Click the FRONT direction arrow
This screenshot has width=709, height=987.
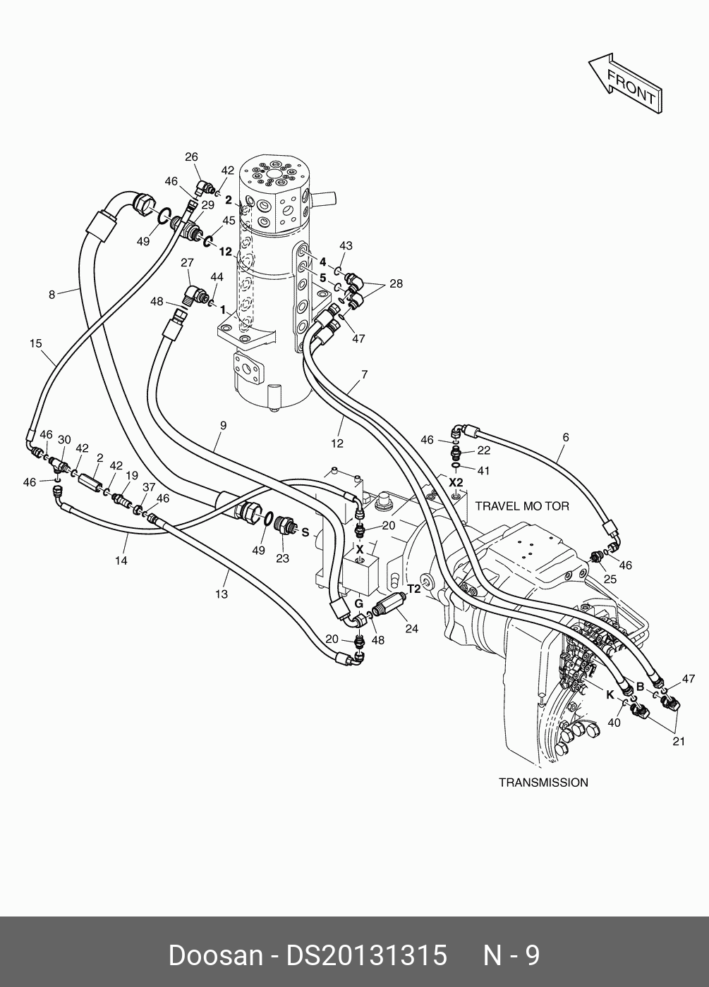626,84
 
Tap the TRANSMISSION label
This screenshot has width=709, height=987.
543,783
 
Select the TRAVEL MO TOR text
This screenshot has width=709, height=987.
522,506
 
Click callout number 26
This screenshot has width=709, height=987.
191,157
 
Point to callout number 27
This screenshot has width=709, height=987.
187,264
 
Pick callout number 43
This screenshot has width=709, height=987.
346,246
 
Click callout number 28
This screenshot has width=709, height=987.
396,283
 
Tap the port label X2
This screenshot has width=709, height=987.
456,482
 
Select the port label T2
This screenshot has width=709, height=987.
414,588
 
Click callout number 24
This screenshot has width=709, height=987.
411,628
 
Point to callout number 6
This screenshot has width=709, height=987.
565,437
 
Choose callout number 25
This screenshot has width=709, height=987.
610,579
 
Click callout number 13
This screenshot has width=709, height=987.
222,594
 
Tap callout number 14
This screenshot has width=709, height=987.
121,560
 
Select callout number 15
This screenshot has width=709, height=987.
36,344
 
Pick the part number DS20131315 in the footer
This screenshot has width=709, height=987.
366,956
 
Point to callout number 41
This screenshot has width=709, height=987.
483,470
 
